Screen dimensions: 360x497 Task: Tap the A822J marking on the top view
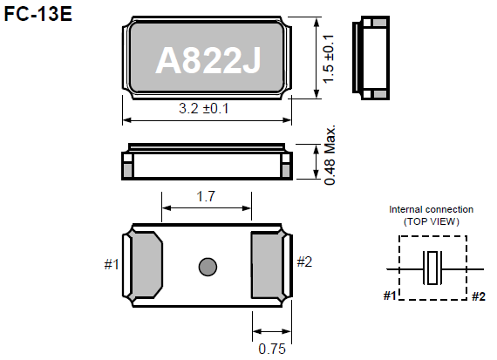[x=208, y=61]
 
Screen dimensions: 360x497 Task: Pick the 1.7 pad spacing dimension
[x=207, y=197]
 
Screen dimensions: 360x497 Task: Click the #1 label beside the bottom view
[x=112, y=263]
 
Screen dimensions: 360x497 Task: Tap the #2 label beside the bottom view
[x=303, y=262]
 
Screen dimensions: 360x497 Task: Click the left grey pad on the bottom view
[x=146, y=264]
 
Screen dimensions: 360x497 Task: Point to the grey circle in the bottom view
[x=208, y=265]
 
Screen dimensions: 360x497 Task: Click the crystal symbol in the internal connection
[x=432, y=268]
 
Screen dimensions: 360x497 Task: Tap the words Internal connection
[x=432, y=209]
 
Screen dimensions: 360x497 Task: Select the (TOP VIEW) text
[x=432, y=221]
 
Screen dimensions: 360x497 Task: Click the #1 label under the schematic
[x=391, y=296]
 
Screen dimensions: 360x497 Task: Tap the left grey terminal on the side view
[x=128, y=166]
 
